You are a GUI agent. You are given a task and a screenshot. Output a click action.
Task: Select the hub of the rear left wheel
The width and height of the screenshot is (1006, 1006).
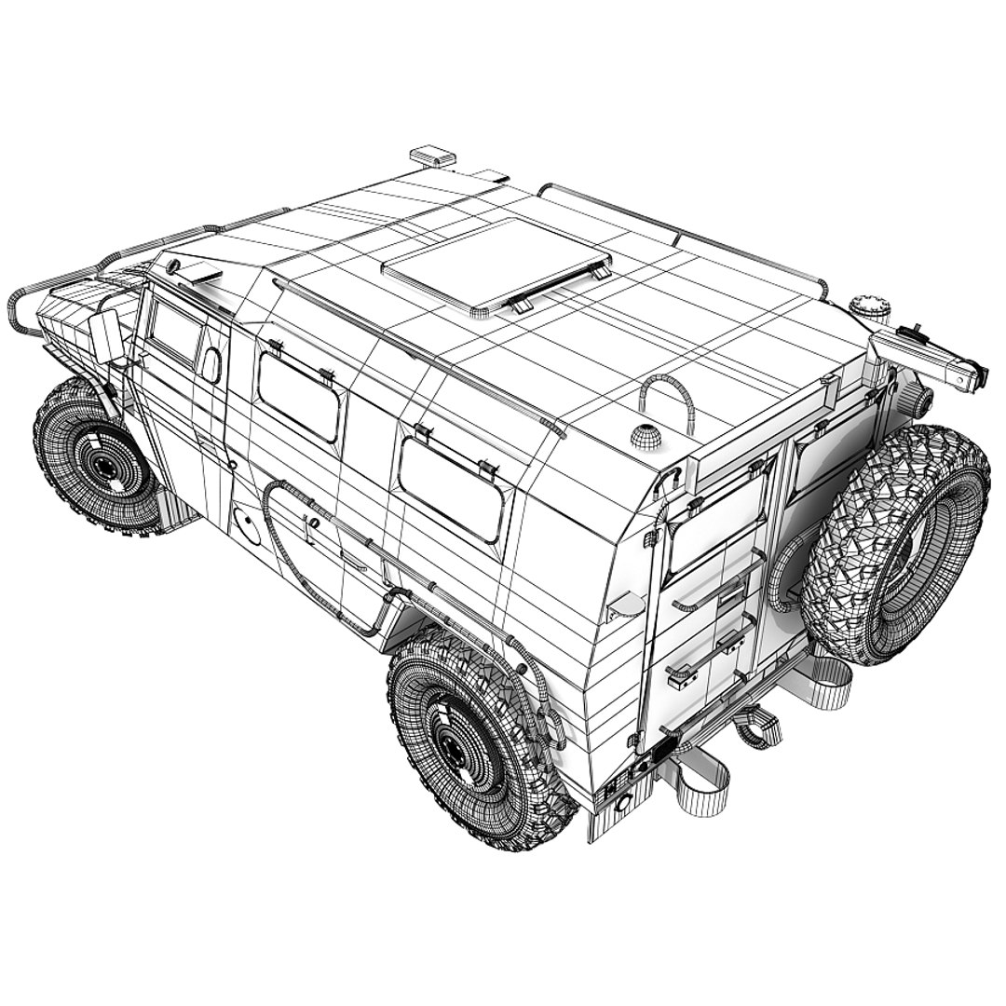(455, 745)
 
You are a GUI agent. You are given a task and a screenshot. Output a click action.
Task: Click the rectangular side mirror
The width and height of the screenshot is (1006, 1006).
(104, 336)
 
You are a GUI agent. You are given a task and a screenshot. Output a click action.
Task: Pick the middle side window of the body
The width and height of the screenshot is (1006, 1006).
(298, 396)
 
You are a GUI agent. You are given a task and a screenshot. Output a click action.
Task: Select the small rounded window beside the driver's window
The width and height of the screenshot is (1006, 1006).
(211, 365)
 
